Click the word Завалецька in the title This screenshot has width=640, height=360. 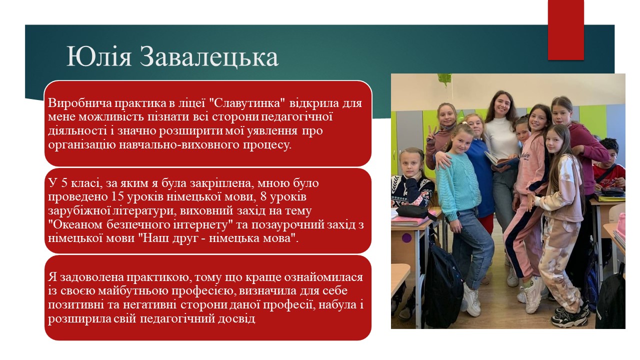coord(209,57)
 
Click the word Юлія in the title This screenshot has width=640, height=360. coord(99,57)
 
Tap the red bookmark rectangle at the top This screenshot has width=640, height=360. coord(565,30)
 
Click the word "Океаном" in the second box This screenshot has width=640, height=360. coord(76,224)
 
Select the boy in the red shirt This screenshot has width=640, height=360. coord(608,165)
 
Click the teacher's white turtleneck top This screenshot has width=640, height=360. coord(502,137)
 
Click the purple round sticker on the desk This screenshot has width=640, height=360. coord(406,237)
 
